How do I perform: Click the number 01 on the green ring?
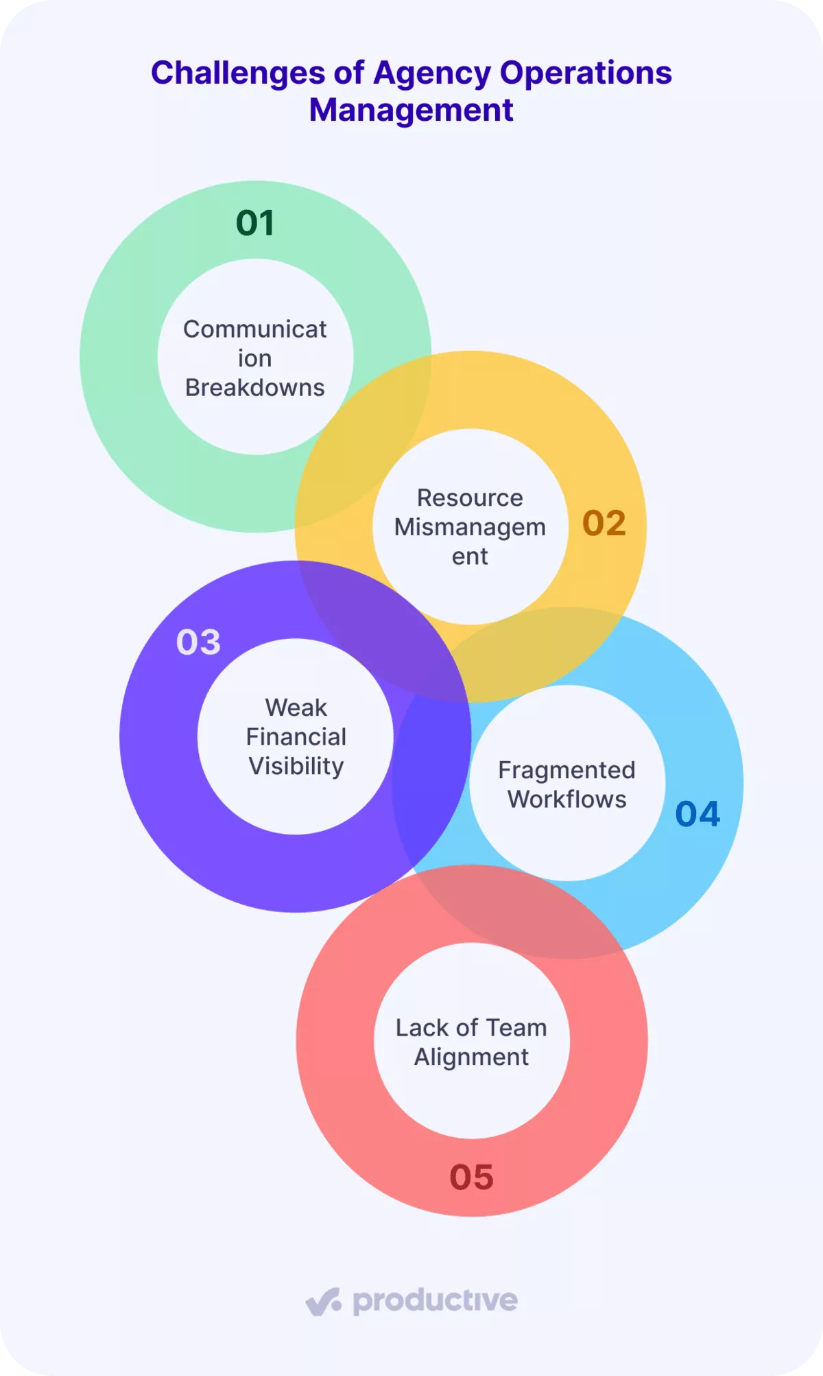(255, 223)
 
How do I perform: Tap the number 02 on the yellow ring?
(604, 523)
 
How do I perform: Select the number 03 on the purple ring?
(198, 642)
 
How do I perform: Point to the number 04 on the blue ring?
(697, 814)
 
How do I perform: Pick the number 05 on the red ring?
(472, 1177)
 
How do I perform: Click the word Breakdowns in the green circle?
(255, 388)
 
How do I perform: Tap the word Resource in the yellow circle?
(470, 498)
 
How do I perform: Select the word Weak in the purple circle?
(296, 708)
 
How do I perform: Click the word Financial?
(296, 737)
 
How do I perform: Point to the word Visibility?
(296, 767)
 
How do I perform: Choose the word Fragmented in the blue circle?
(566, 770)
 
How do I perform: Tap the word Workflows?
(567, 800)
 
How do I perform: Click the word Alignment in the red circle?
(471, 1058)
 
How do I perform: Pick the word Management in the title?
(411, 110)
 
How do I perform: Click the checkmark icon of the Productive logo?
(323, 1301)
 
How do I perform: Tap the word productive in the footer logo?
(435, 1301)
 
